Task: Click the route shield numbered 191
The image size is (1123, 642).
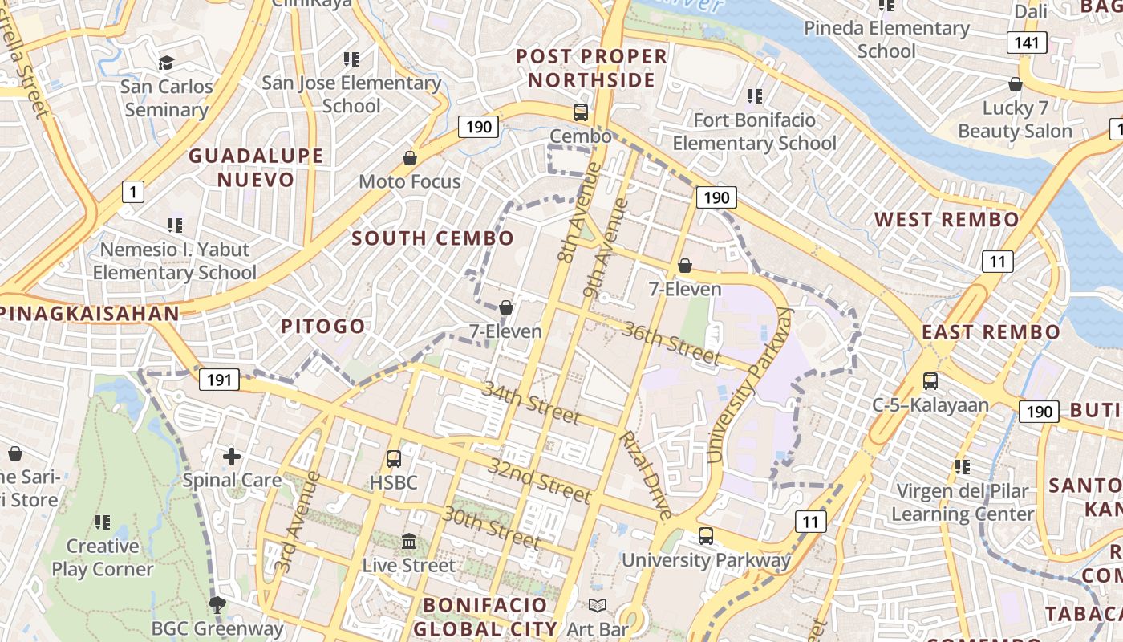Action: [219, 380]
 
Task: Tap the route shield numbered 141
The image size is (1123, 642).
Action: [1027, 43]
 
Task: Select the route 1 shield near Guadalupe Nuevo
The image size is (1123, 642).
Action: [133, 192]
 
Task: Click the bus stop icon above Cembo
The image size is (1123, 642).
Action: [580, 112]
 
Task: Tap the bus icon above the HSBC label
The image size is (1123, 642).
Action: [393, 459]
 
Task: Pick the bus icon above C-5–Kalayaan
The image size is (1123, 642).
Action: [930, 381]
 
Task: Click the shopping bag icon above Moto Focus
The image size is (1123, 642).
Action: [410, 158]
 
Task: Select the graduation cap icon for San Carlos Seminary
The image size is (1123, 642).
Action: [166, 63]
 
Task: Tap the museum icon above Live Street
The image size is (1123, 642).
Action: [409, 542]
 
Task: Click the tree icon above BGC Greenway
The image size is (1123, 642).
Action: [216, 604]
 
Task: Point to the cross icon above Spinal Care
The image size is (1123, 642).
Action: [232, 457]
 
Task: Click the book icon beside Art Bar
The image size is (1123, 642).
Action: [598, 606]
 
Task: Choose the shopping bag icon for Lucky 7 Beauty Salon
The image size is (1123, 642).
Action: [1015, 84]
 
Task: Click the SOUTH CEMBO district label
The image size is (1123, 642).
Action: [432, 238]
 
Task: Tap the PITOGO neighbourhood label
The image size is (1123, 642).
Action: [323, 327]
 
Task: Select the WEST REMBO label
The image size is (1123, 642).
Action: [947, 220]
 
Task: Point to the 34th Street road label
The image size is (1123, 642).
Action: [530, 403]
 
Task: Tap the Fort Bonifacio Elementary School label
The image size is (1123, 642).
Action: [754, 132]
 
